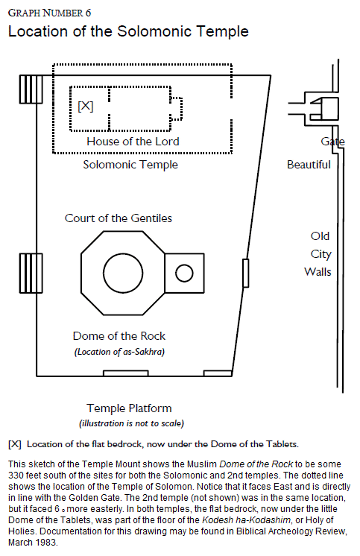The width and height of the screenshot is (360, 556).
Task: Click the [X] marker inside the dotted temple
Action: click(x=86, y=106)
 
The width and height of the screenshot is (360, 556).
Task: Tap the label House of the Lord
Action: click(x=133, y=142)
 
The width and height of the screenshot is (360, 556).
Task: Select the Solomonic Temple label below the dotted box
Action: click(x=130, y=165)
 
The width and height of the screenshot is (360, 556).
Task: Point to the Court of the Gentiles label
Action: click(x=118, y=218)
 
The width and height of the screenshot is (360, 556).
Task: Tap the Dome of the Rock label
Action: click(x=119, y=336)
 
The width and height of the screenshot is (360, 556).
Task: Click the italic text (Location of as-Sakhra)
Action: click(x=119, y=352)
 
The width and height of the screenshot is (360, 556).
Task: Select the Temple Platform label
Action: click(x=129, y=408)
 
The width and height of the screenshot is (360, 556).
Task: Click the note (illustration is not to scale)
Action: click(x=132, y=423)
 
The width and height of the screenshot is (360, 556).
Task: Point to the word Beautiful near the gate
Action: click(x=309, y=165)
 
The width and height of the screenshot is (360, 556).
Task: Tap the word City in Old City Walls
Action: click(x=320, y=254)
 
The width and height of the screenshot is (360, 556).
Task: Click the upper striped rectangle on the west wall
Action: click(x=31, y=89)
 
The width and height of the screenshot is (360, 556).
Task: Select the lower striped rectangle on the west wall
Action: click(x=31, y=273)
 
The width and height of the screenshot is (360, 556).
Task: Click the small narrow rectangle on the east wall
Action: click(x=245, y=273)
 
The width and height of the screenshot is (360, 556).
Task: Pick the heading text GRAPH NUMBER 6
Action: click(x=49, y=13)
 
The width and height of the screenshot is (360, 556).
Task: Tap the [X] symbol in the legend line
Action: click(x=15, y=444)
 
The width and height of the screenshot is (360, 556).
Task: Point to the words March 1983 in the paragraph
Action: click(x=33, y=543)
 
